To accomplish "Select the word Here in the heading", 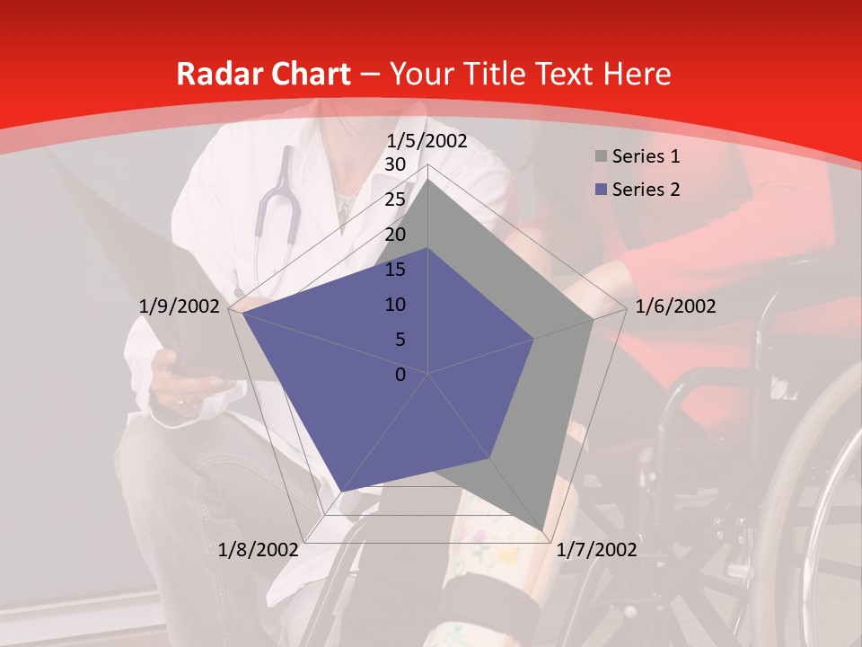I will tap(638, 75).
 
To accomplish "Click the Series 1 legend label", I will tap(646, 156).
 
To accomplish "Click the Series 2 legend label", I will tap(646, 190).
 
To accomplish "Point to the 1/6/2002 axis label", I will tap(675, 306).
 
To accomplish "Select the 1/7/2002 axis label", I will tap(596, 550).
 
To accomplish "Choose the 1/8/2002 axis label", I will tap(259, 550).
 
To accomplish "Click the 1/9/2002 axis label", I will tap(180, 306).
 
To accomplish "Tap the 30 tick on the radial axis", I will tap(395, 164).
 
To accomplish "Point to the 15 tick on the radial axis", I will tap(395, 270).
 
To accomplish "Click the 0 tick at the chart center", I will tap(400, 375).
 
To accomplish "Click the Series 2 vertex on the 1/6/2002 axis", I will tap(534, 339).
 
